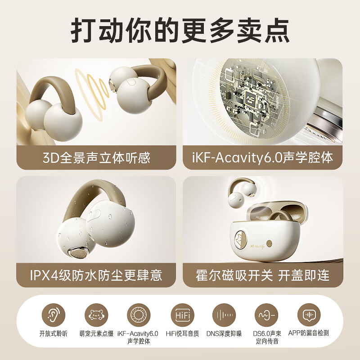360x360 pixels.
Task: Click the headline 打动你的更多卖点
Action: (180, 31)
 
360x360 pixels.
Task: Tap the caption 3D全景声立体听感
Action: (96, 157)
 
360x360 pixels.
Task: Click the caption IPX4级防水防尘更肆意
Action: (96, 274)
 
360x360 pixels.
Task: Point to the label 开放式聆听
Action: (53, 333)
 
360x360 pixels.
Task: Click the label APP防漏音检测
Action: (308, 333)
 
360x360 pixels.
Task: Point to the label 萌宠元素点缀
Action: (96, 333)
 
